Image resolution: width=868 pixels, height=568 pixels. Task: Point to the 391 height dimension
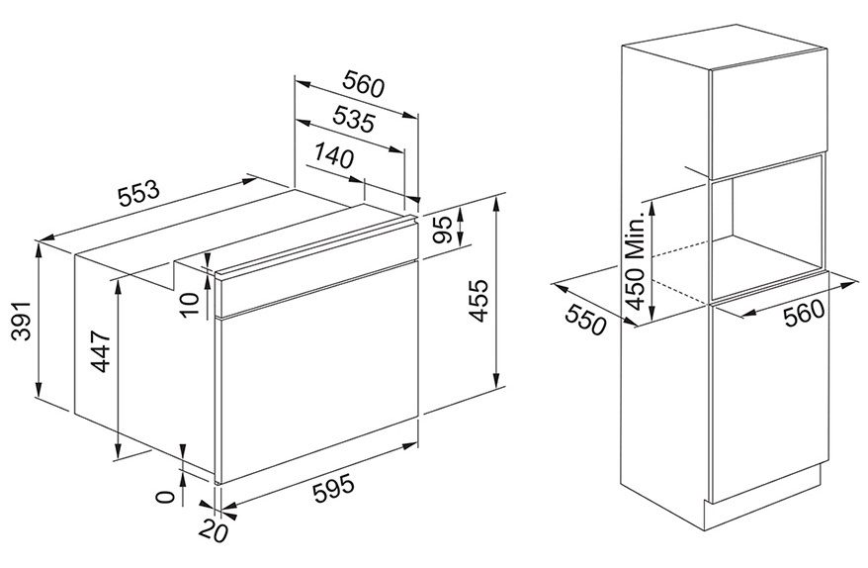coord(20,322)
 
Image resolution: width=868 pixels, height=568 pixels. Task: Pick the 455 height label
coord(477,300)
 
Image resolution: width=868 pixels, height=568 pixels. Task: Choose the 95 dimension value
coord(442,230)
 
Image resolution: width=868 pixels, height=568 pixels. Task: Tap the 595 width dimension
coord(333,488)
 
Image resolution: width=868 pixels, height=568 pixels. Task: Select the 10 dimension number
coord(189,303)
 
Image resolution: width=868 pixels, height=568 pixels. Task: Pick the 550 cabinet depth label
coord(585,320)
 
